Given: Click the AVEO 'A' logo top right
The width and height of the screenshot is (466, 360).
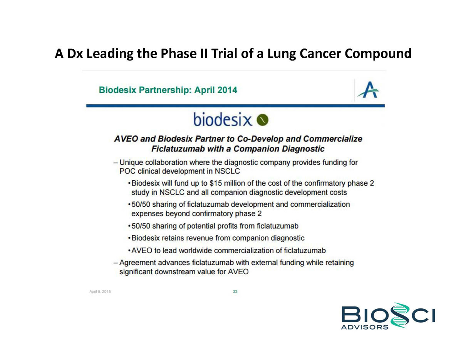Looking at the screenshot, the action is click(x=368, y=90).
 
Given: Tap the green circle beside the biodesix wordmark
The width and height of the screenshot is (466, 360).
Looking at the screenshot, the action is click(x=263, y=120).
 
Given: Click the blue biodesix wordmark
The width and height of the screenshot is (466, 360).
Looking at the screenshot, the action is click(x=223, y=119).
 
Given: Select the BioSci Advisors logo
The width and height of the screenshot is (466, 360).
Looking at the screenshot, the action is click(x=388, y=316).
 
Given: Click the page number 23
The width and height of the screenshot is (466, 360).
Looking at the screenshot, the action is click(x=235, y=291).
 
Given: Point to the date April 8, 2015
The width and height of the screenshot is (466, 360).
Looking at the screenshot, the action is click(x=100, y=291).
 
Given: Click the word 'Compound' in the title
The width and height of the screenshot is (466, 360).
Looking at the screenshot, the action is click(x=378, y=54).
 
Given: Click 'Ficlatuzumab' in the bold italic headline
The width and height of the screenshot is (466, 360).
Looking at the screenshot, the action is click(x=178, y=149).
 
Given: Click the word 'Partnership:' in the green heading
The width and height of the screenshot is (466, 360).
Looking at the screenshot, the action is click(x=165, y=90).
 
